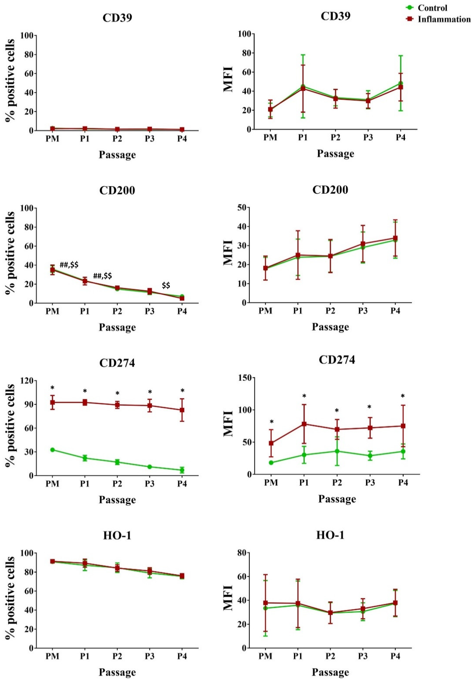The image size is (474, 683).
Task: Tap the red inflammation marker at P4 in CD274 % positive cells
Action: point(182,410)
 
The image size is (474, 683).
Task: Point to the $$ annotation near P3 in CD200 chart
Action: point(166,285)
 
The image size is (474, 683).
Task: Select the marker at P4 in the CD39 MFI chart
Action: point(401,87)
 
